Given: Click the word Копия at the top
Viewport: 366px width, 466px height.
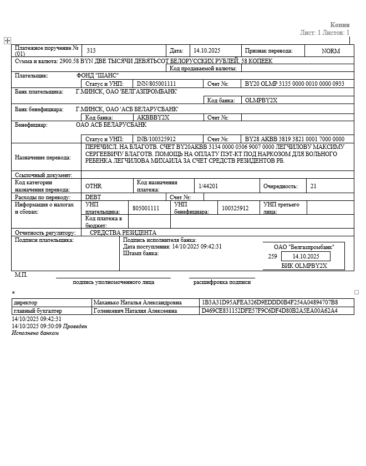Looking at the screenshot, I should (340, 25).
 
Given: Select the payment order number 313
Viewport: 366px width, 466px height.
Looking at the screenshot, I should (91, 50).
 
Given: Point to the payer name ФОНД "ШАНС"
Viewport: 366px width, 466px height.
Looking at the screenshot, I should (98, 75).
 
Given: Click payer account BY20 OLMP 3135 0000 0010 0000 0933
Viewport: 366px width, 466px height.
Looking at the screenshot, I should (294, 84).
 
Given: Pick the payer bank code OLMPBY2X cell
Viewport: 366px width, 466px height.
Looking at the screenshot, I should (261, 100).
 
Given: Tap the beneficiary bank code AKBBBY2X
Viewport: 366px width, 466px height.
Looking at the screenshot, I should (152, 117).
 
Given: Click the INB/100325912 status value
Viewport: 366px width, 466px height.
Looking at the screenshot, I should (156, 139).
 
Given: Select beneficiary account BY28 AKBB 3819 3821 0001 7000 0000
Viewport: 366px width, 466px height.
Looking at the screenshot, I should (294, 139).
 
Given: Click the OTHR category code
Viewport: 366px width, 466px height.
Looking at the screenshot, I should (94, 186).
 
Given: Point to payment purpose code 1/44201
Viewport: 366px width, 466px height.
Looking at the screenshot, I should (209, 186).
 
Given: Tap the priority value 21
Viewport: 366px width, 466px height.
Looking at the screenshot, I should (314, 186).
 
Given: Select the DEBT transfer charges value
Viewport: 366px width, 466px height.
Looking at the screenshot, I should (93, 197).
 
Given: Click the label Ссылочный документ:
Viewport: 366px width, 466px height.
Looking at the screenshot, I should (43, 175).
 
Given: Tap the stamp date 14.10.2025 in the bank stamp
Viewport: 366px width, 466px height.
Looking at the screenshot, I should (306, 256).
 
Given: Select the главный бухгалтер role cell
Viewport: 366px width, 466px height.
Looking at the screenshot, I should (38, 311).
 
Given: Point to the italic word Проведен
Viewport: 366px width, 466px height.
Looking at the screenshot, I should (75, 326).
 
